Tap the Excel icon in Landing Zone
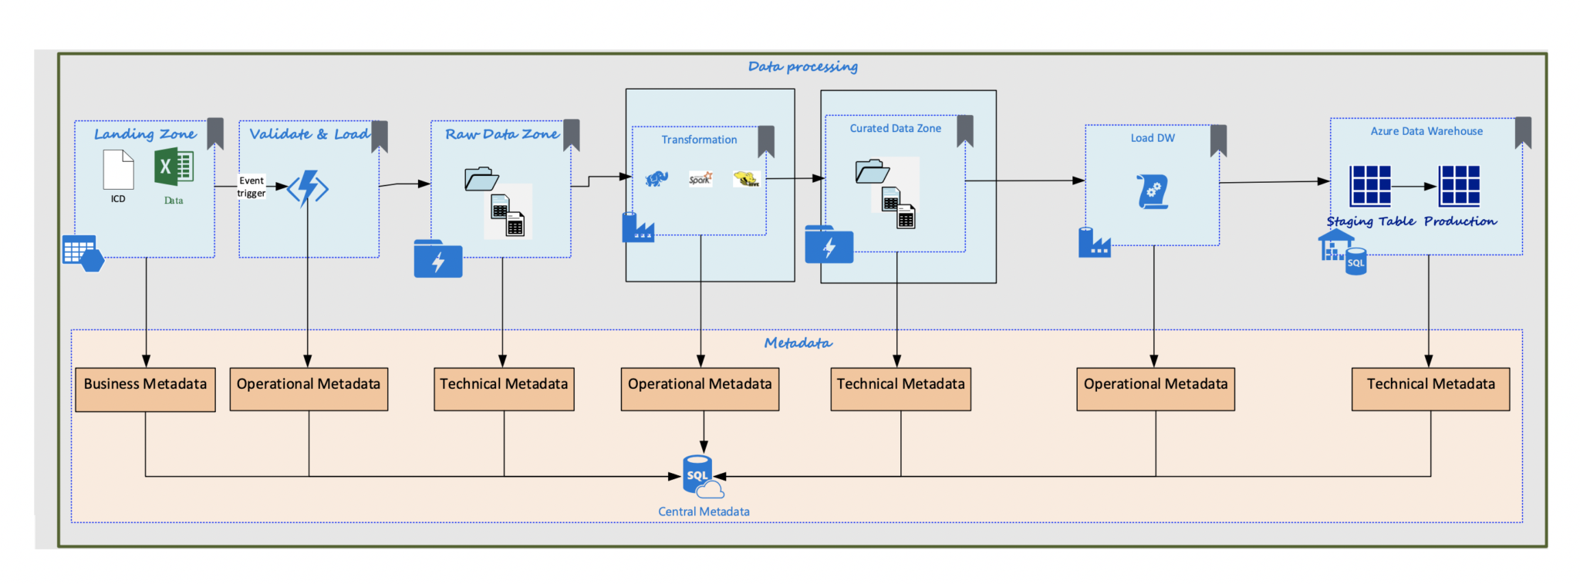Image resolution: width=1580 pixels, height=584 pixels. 174,167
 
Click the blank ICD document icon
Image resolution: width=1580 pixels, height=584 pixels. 118,170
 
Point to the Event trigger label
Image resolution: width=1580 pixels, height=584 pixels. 252,187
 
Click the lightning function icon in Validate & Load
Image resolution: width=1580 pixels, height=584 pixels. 308,188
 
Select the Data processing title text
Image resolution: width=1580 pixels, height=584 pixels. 802,67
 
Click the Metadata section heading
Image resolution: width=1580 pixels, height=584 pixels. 798,343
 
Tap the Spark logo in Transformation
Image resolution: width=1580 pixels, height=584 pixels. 701,179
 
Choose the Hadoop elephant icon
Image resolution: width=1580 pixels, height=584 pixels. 657,179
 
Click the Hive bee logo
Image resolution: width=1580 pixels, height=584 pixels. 746,179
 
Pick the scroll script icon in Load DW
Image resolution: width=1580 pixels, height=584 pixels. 1153,191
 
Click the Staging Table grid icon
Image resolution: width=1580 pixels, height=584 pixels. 1370,185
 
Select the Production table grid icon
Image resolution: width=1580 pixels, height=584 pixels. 1460,185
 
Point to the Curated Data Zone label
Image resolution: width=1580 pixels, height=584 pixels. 895,129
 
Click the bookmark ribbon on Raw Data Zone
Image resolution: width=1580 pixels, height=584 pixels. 572,134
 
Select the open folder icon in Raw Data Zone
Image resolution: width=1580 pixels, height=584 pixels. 481,179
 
